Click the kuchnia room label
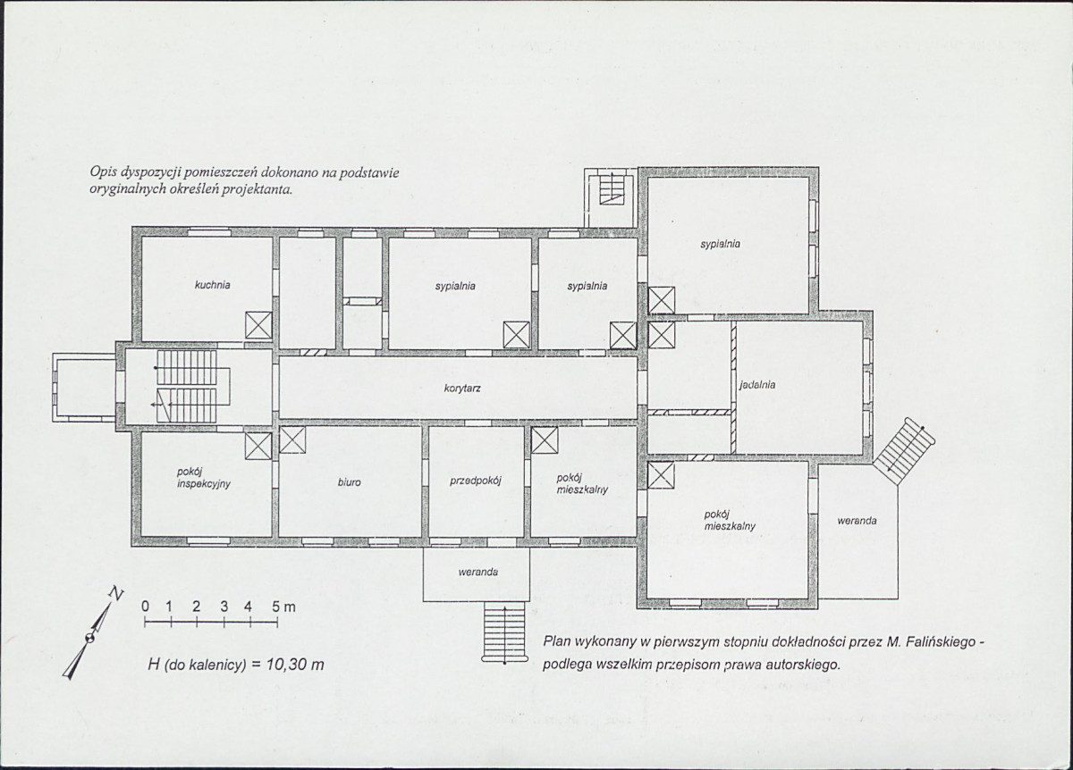click(x=212, y=285)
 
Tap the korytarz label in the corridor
click(x=462, y=389)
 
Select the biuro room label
click(x=350, y=482)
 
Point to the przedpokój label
click(x=475, y=481)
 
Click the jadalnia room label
click(x=757, y=385)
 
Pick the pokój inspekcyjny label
click(x=204, y=478)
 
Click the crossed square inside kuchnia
click(x=258, y=325)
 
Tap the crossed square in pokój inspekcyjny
click(x=258, y=447)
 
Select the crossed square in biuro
click(x=292, y=439)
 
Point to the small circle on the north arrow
click(x=89, y=638)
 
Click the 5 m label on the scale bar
click(x=283, y=607)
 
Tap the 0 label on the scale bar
click(x=145, y=607)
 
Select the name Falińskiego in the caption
click(x=940, y=641)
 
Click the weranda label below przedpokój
click(x=478, y=572)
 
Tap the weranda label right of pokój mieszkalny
click(x=857, y=521)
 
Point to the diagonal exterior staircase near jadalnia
click(x=904, y=444)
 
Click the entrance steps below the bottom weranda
click(x=504, y=632)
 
